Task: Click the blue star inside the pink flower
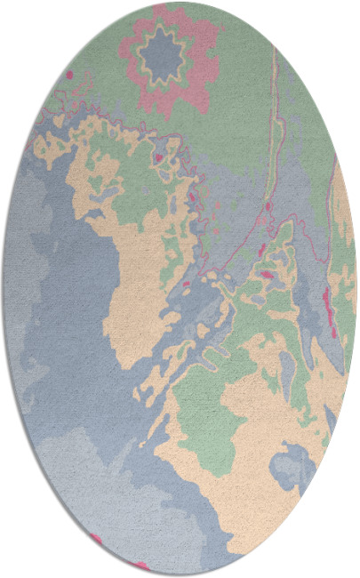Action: tap(165, 54)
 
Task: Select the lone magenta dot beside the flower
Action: tap(69, 75)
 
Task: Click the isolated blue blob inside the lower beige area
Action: tap(293, 466)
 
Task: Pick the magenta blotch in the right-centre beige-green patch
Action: tap(268, 276)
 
